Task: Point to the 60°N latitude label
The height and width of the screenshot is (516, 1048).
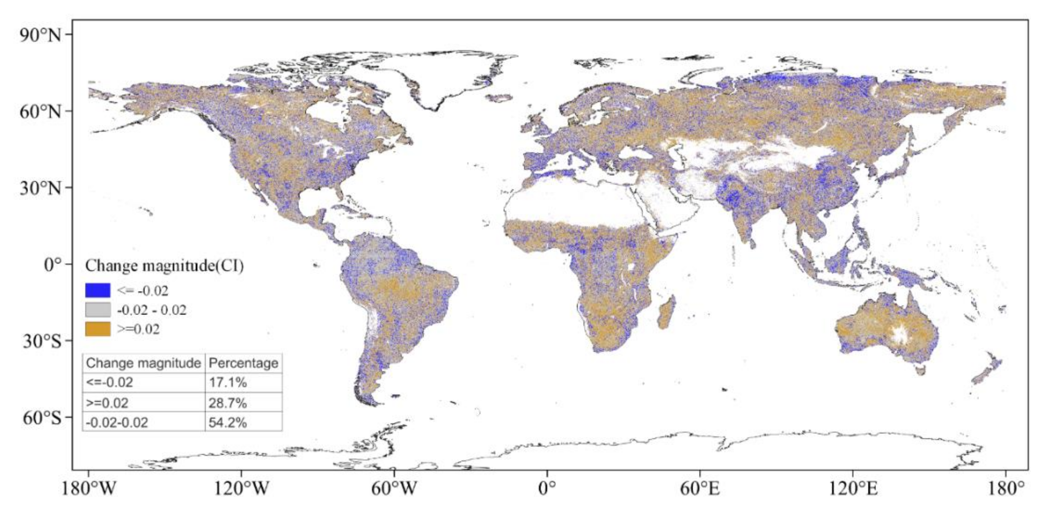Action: click(x=40, y=111)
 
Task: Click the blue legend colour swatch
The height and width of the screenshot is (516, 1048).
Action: click(x=98, y=290)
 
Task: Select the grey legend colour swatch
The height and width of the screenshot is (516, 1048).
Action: click(x=98, y=310)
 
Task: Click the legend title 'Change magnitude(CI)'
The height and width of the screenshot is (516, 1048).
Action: click(x=164, y=266)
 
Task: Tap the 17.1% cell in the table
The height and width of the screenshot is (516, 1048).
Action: click(x=228, y=383)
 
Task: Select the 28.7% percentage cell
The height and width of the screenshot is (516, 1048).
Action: click(x=228, y=403)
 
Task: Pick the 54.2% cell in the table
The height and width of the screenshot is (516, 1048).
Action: click(x=228, y=422)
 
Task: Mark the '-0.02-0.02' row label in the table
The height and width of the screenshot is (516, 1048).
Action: click(x=117, y=422)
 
